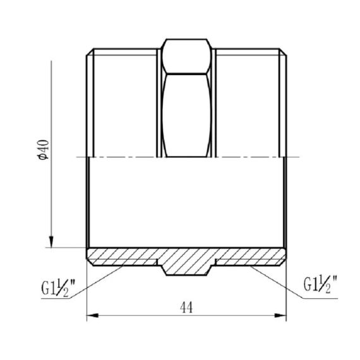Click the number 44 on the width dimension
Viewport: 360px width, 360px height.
tap(186, 308)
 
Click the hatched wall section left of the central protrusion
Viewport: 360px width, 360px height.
tap(123, 256)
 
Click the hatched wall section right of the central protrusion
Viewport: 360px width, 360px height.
tap(249, 256)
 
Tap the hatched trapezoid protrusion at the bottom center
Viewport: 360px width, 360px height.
tap(186, 262)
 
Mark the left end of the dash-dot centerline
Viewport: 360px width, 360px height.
tap(77, 157)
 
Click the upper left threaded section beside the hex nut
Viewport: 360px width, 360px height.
tap(123, 101)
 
